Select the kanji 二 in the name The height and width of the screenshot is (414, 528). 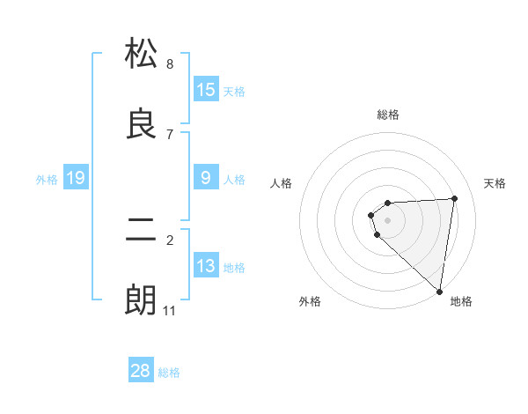coord(141,231)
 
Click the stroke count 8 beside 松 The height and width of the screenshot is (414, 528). coord(170,63)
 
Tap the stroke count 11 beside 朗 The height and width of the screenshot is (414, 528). coord(170,311)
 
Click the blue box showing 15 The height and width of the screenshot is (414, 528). coord(206,89)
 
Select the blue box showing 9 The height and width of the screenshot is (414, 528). coord(206,178)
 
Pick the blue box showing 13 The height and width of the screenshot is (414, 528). coord(206,266)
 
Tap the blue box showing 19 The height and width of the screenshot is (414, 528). coord(76,178)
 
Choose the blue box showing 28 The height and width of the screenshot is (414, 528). coord(141,371)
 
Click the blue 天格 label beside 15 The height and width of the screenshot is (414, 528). coord(234,91)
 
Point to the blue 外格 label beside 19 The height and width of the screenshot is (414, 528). coord(47,180)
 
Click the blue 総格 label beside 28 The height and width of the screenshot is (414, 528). coord(169,373)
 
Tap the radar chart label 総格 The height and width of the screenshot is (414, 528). coord(388,115)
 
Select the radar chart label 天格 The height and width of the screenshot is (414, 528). coord(495,183)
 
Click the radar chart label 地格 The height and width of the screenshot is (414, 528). coord(461,301)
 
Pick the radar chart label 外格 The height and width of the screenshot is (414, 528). coord(310,301)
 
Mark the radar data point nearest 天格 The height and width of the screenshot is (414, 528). coord(454,198)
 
